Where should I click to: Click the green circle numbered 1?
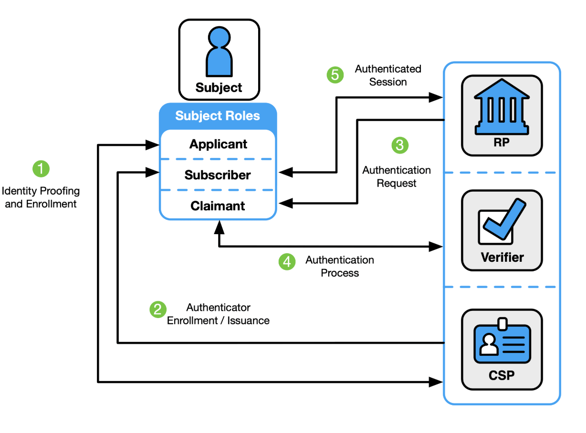[41, 168]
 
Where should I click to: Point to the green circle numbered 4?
[287, 261]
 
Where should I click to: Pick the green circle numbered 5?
[335, 75]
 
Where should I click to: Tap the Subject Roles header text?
[218, 116]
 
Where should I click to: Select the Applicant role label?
[218, 144]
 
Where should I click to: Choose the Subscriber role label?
[218, 175]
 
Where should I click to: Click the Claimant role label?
[218, 206]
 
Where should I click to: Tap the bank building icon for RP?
[502, 107]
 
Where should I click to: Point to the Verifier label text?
[502, 258]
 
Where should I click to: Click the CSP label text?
[502, 375]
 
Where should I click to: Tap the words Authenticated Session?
[388, 75]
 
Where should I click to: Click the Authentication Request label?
[397, 176]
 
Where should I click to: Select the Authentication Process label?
[340, 266]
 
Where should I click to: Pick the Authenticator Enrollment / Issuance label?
[218, 314]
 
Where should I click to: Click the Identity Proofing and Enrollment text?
[41, 197]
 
